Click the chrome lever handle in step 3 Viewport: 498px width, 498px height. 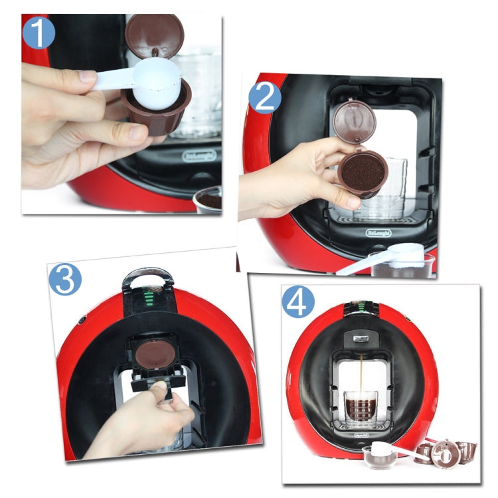[147, 276]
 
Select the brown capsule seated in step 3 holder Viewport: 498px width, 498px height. [153, 354]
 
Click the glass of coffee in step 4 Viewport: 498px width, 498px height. [361, 409]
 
